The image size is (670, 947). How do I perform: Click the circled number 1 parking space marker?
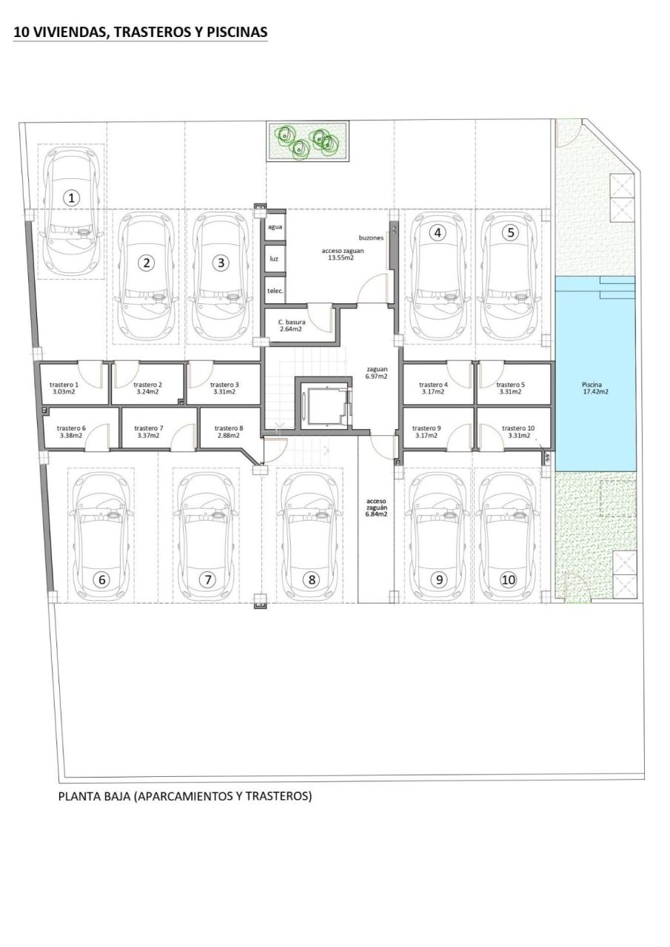(x=71, y=198)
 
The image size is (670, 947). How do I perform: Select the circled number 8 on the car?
(x=312, y=580)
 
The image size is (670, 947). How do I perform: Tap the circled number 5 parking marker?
(x=510, y=232)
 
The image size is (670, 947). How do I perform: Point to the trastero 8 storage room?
(x=228, y=432)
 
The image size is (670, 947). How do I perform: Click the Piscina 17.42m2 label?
(x=596, y=388)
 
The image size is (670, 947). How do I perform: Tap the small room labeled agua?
(x=275, y=228)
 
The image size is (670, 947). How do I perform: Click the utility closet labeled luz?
(x=275, y=260)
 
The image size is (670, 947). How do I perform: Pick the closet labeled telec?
(x=275, y=291)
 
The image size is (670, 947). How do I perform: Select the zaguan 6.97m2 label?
(x=378, y=373)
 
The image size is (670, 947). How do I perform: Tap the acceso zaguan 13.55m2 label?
(x=342, y=255)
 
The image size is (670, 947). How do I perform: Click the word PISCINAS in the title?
(x=233, y=33)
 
